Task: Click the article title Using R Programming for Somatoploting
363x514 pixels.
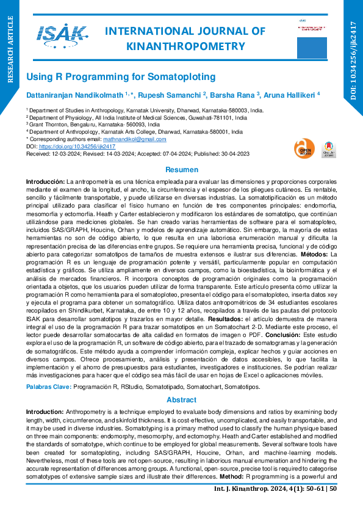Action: (x=121, y=77)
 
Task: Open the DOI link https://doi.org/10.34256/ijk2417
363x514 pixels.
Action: (x=77, y=147)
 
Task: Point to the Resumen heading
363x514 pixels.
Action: (x=182, y=170)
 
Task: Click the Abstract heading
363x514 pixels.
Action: (x=181, y=400)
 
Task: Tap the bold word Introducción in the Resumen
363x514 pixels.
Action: (x=45, y=182)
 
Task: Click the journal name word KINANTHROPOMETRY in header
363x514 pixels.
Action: (x=185, y=46)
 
